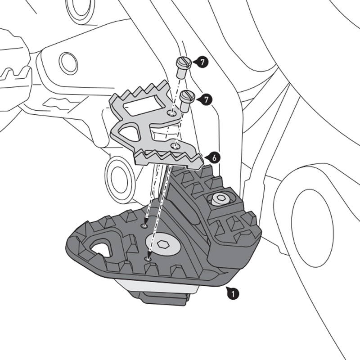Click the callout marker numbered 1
(233, 294)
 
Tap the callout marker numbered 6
(215, 157)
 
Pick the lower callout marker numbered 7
(206, 100)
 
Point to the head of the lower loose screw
(186, 95)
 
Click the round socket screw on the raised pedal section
(220, 198)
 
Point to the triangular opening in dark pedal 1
(102, 248)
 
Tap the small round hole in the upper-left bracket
(68, 63)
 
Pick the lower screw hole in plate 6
(176, 145)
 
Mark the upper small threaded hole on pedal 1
(145, 225)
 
